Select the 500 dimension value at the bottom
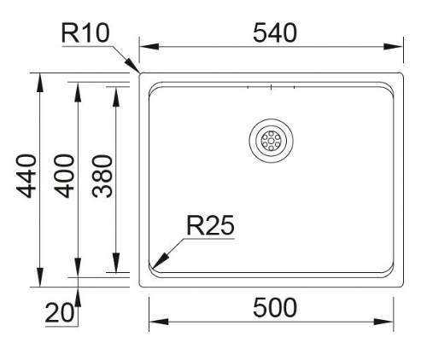[272, 306]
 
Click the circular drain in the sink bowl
[271, 139]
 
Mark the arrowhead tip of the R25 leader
[155, 268]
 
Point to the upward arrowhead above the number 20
[78, 292]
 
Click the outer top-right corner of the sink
[404, 73]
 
